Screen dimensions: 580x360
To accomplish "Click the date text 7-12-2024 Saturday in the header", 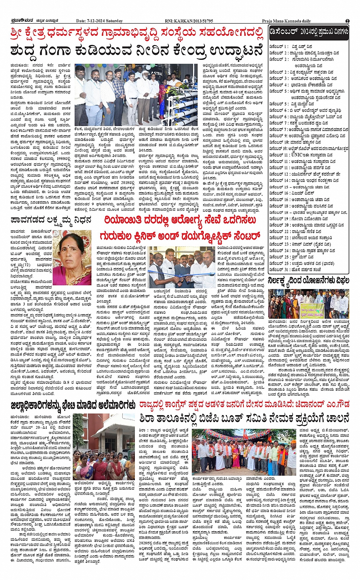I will [x=99, y=21].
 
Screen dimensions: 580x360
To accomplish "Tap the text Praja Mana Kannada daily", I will [x=286, y=21].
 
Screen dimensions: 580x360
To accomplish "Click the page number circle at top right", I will [x=347, y=21].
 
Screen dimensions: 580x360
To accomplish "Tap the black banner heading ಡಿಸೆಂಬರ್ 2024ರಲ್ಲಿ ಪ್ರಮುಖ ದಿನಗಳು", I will [x=309, y=32].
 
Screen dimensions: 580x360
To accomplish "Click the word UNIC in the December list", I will [x=296, y=155].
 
